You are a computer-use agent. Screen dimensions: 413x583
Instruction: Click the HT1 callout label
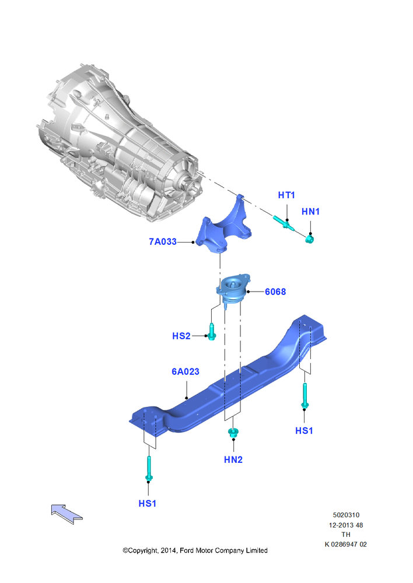(x=286, y=195)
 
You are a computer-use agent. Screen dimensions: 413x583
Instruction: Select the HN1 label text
(x=311, y=211)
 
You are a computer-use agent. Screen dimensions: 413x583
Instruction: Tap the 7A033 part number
(x=163, y=242)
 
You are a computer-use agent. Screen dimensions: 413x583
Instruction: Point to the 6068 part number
(x=275, y=292)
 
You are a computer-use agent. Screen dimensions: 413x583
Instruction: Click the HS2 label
(x=181, y=336)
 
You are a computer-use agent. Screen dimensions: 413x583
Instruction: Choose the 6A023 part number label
(x=185, y=371)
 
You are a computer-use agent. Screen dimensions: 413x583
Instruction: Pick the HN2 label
(x=233, y=459)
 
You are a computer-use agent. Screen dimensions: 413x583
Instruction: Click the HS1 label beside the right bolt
(x=304, y=431)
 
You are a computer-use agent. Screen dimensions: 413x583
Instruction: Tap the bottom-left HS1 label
(x=148, y=504)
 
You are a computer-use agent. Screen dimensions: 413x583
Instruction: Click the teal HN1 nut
(x=309, y=239)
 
